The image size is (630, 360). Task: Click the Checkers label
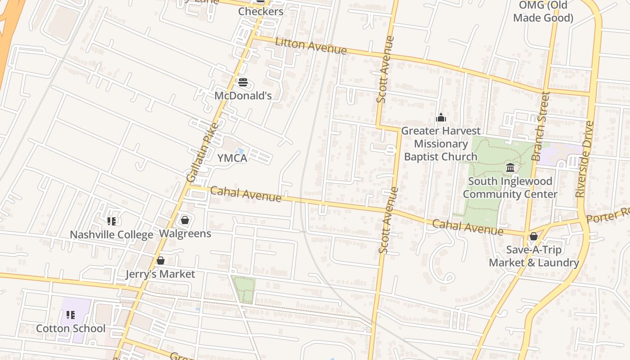tap(261, 11)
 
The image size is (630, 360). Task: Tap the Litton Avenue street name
tap(310, 46)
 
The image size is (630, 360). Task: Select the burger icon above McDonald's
tap(243, 82)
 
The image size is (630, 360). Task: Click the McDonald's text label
tap(243, 95)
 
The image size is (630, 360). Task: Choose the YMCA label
tap(232, 158)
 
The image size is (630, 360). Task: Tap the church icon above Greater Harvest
tap(441, 118)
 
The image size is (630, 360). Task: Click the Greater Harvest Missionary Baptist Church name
tap(441, 144)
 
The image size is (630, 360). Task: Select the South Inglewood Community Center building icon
tap(510, 168)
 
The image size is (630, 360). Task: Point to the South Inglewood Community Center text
tap(510, 188)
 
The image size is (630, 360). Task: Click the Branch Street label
tap(540, 126)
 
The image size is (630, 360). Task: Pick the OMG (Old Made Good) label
tap(543, 12)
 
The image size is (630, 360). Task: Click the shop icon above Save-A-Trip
tap(534, 236)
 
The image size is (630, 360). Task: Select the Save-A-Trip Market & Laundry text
tap(534, 256)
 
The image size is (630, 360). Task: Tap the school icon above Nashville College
tap(112, 221)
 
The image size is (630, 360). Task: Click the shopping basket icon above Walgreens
tap(184, 220)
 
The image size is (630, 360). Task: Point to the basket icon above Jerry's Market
tap(160, 261)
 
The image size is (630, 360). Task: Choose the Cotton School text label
tap(71, 328)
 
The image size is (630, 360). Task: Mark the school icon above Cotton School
tap(71, 315)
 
